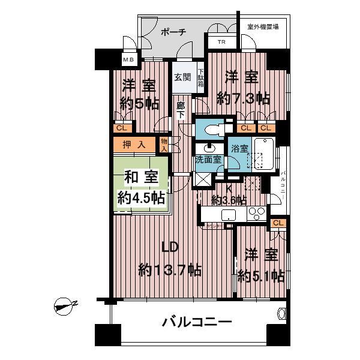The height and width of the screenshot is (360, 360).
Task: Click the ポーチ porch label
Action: click(174, 31)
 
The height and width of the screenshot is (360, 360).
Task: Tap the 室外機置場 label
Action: click(262, 27)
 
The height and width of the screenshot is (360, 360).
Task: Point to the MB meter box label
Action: click(129, 59)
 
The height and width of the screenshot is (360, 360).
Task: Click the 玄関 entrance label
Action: click(182, 77)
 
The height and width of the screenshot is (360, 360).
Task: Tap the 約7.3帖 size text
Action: click(243, 98)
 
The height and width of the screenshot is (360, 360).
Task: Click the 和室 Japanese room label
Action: click(138, 178)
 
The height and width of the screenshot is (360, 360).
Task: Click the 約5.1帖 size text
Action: click(260, 276)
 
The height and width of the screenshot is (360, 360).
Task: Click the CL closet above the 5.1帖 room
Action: click(277, 223)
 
